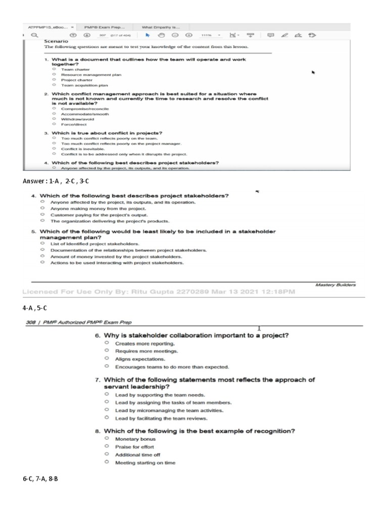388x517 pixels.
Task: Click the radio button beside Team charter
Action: coord(54,70)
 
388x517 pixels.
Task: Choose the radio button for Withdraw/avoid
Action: coord(54,119)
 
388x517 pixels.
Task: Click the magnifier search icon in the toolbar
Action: coord(34,35)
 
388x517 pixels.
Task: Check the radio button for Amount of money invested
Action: coord(43,256)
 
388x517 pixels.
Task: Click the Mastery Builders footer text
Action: coord(335,285)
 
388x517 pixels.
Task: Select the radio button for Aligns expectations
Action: coord(107,359)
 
